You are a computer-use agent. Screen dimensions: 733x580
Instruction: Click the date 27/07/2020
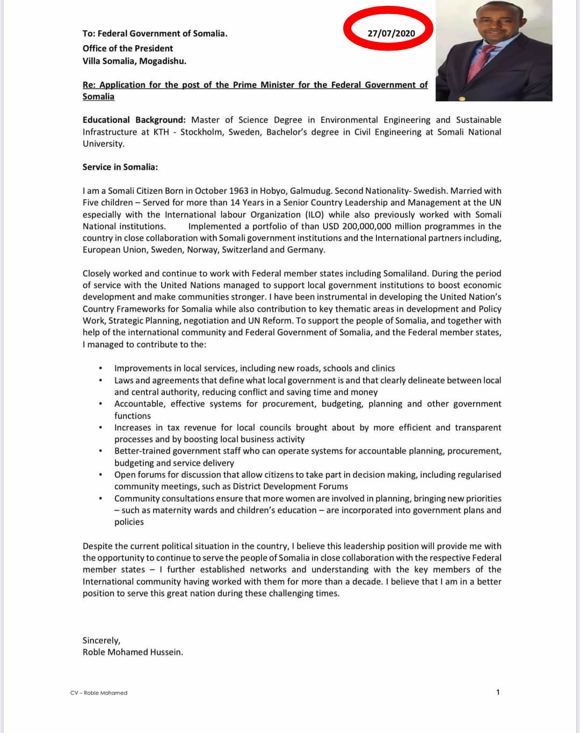tap(391, 33)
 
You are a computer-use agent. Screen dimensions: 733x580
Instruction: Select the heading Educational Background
tap(134, 120)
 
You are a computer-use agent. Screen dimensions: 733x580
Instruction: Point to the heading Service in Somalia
tap(120, 167)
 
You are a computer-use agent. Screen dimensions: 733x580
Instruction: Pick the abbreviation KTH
tap(161, 132)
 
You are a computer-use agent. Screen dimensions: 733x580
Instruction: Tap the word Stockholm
tap(201, 132)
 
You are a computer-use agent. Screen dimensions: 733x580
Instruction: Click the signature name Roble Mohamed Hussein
tap(133, 652)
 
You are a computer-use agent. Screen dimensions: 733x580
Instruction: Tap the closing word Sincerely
tap(101, 640)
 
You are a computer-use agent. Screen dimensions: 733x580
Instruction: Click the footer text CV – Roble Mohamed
tap(99, 693)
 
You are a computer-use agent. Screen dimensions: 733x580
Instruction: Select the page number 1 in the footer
tap(498, 692)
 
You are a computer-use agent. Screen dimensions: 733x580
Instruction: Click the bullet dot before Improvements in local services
tap(101, 368)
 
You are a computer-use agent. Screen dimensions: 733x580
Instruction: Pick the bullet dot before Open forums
tap(101, 475)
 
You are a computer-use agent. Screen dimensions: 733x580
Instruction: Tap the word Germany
tap(307, 250)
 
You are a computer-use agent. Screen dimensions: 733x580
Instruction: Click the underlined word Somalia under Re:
tap(98, 97)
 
